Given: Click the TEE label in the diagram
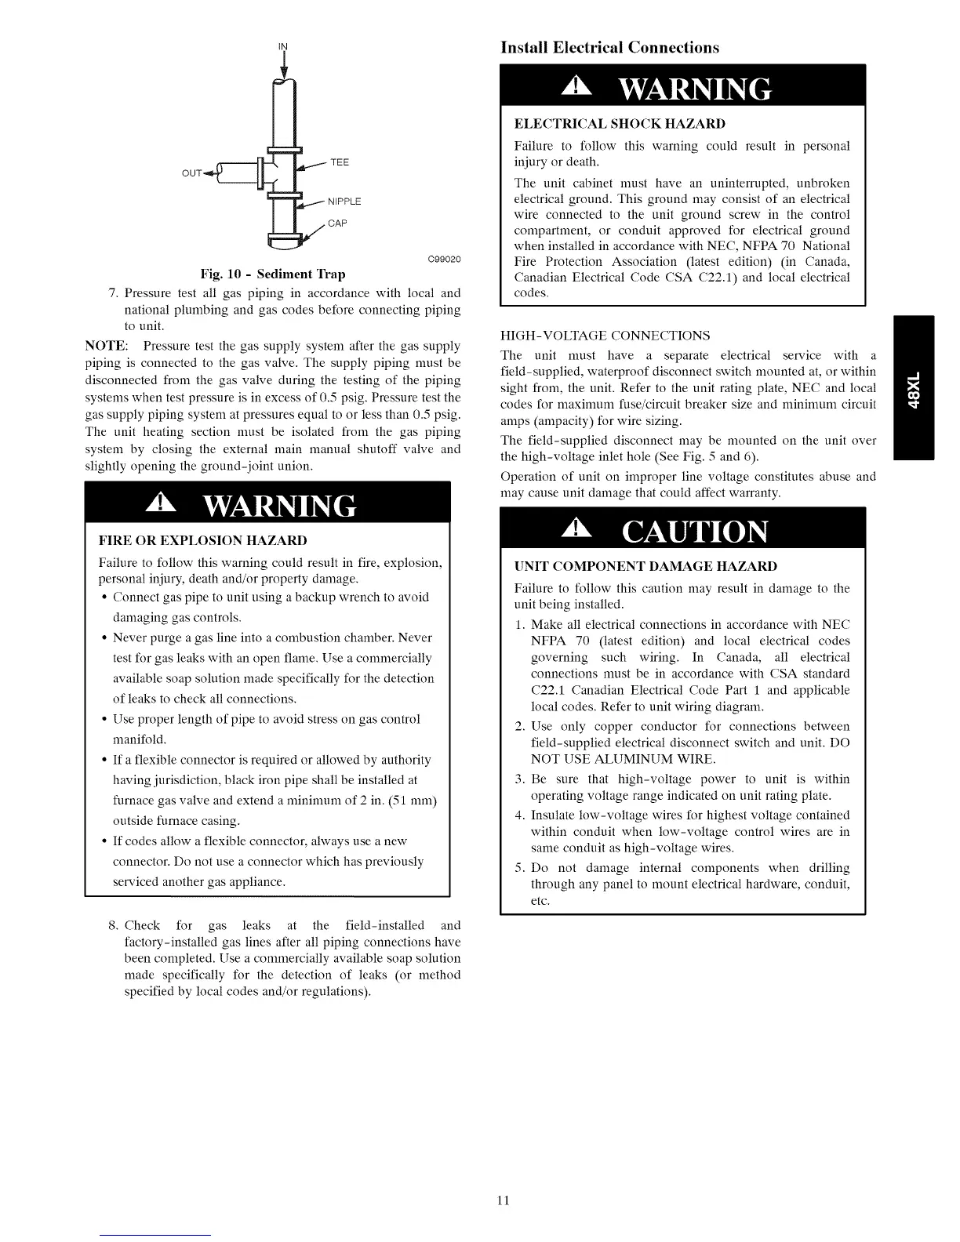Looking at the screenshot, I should click(340, 162).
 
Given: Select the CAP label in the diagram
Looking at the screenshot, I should click(337, 223).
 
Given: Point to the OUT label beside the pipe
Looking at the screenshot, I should click(192, 172).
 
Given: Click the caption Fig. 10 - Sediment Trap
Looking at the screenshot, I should click(272, 274).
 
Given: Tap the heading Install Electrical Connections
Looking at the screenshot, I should click(609, 48).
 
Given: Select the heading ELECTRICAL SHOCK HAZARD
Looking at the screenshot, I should click(619, 124).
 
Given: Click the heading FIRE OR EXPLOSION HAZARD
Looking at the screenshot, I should click(202, 541).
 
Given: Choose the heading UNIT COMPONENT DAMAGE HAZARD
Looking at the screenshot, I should click(645, 566).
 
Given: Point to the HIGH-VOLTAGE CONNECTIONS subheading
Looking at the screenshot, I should click(605, 336).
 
